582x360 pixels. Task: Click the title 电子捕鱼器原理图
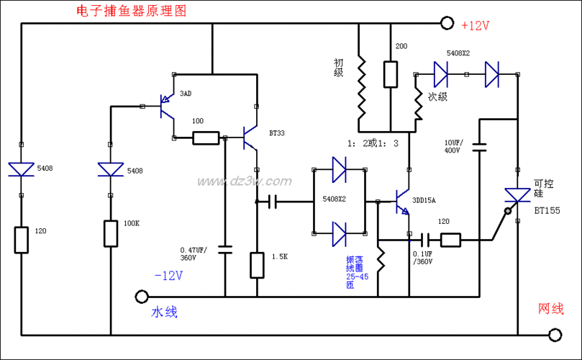pos(130,11)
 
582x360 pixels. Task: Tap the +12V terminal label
pos(475,25)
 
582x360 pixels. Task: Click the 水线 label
pos(164,312)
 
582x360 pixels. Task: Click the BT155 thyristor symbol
pos(517,195)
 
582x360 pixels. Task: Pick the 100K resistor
pos(111,233)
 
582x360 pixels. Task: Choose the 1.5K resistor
pos(257,265)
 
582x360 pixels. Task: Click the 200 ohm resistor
pos(391,74)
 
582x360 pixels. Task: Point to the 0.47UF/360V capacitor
pos(225,251)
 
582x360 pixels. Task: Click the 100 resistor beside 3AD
pos(206,138)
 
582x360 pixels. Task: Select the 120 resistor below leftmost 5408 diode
pos(22,240)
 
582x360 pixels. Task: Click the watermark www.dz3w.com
pos(243,181)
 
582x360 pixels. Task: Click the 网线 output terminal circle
pos(555,335)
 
